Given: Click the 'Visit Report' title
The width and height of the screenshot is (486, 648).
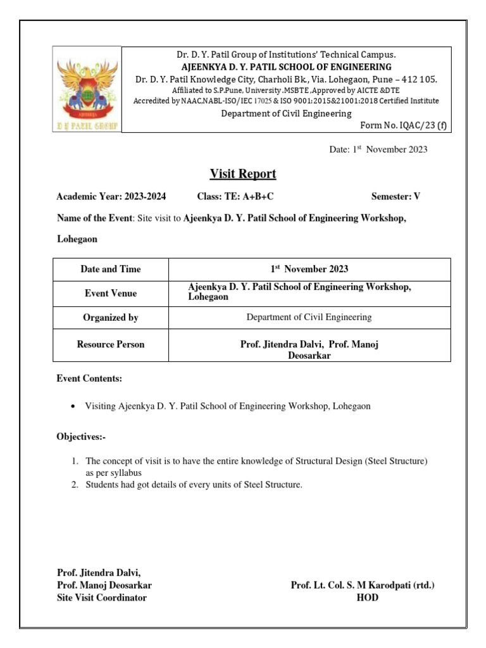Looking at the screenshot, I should coord(243,174).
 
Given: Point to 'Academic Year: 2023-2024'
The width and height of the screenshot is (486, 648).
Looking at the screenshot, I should coord(111,197).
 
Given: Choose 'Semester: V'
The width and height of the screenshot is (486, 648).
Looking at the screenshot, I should coord(396,197).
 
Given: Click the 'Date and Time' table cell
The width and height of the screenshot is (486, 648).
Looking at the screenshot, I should coord(111,269).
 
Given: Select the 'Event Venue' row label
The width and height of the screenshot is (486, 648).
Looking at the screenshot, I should coord(111,293).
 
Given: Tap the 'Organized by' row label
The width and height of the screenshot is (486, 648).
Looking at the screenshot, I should coord(111,318).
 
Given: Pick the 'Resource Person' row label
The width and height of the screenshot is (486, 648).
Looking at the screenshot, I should coord(111,345).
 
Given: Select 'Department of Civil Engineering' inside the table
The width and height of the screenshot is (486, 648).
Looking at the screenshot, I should coord(309,317).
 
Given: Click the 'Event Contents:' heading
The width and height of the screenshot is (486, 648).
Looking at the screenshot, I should coord(89,378).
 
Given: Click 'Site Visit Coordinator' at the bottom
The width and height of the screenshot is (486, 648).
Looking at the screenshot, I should coord(102,597).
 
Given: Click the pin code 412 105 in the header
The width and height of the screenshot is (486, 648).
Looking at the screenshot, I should coord(414,79).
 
